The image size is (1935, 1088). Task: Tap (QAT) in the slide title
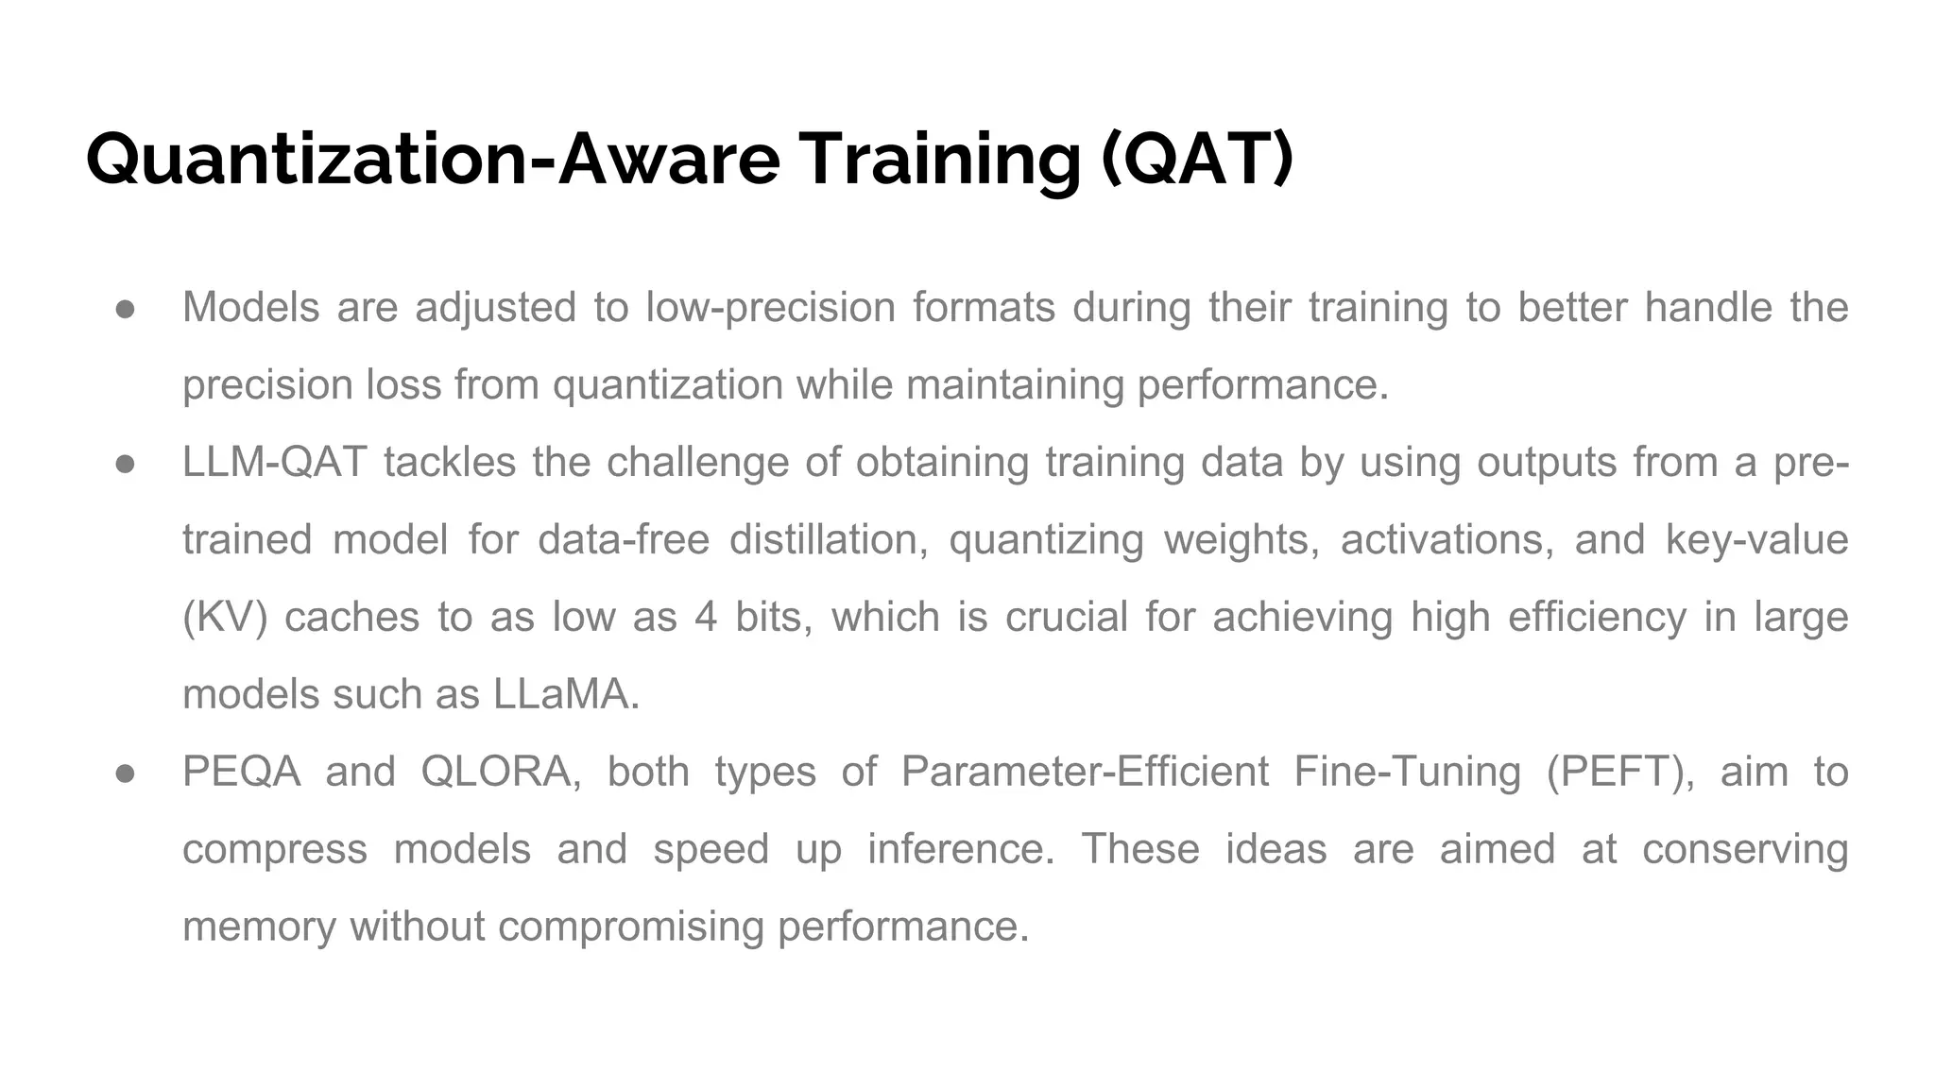pos(1197,159)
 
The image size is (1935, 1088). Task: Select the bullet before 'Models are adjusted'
pos(126,310)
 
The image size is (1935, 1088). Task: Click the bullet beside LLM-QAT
pos(126,465)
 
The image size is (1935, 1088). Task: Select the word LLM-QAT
pos(274,463)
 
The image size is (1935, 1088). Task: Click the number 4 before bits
pos(706,618)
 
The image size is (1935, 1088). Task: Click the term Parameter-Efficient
pos(1085,773)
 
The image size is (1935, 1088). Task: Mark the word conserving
pos(1745,850)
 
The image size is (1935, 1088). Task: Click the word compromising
pos(630,927)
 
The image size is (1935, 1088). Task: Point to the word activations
pos(1447,540)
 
